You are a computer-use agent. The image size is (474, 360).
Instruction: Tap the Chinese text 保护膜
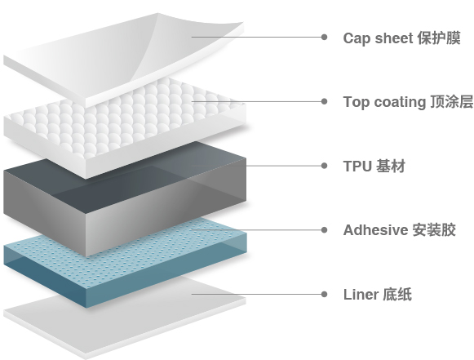tap(439, 38)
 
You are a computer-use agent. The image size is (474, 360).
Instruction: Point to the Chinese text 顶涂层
tap(451, 102)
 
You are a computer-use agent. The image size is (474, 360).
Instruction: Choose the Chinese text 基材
tap(391, 167)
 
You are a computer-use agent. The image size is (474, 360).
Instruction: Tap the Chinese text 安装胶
tap(434, 230)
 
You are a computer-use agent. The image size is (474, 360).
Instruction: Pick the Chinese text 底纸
tap(397, 295)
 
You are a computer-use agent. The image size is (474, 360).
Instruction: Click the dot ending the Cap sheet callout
tap(324, 38)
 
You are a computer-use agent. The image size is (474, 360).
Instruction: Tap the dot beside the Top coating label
tap(324, 101)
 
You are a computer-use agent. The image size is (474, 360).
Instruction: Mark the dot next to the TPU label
tap(324, 166)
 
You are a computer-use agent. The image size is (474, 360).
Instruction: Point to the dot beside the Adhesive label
tap(324, 230)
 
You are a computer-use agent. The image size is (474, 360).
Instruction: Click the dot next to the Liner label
tap(324, 295)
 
